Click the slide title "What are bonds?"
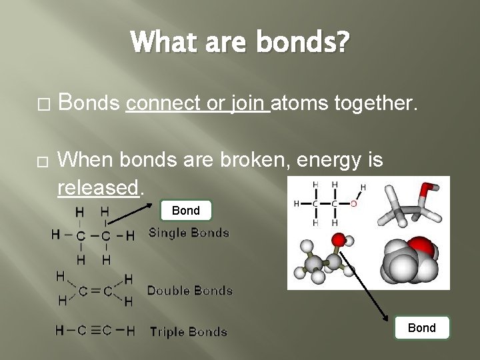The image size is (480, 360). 240,43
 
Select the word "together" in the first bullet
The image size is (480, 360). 377,103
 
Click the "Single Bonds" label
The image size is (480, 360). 189,233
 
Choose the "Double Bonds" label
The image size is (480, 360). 189,290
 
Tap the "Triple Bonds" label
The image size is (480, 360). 189,331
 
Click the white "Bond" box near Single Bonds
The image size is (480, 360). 186,211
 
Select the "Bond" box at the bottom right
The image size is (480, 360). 421,327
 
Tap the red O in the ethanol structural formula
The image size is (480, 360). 353,203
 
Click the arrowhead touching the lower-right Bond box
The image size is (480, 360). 389,319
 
